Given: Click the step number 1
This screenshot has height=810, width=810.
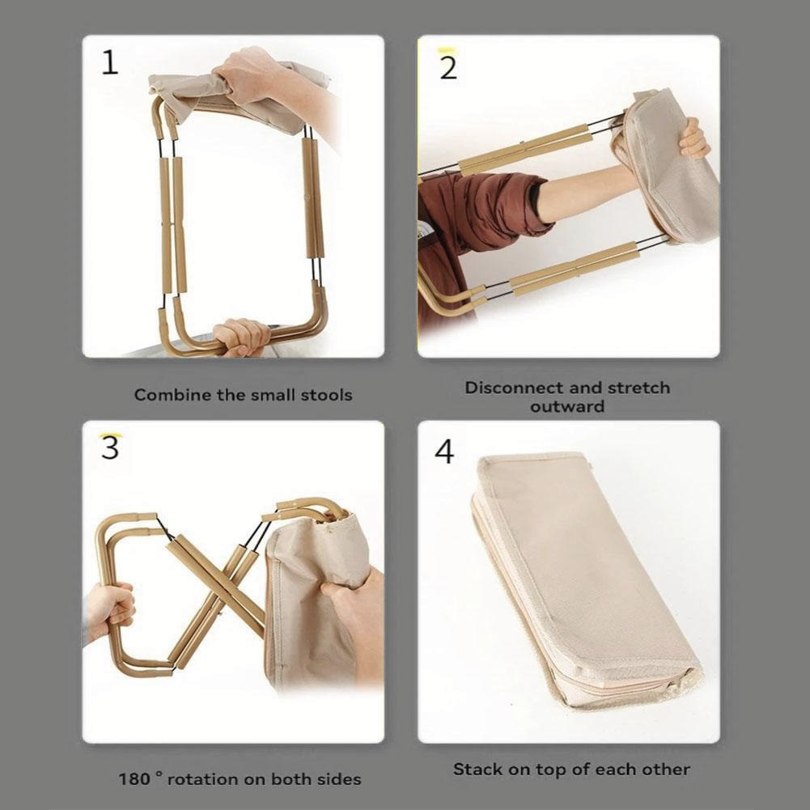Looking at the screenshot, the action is pyautogui.click(x=110, y=62).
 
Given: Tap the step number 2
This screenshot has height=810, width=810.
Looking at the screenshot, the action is pyautogui.click(x=448, y=68).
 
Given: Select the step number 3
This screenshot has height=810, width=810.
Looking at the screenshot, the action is pyautogui.click(x=110, y=447).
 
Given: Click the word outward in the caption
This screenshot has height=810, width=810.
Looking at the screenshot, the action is pyautogui.click(x=567, y=406).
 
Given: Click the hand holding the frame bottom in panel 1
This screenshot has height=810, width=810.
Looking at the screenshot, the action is pyautogui.click(x=242, y=337).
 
